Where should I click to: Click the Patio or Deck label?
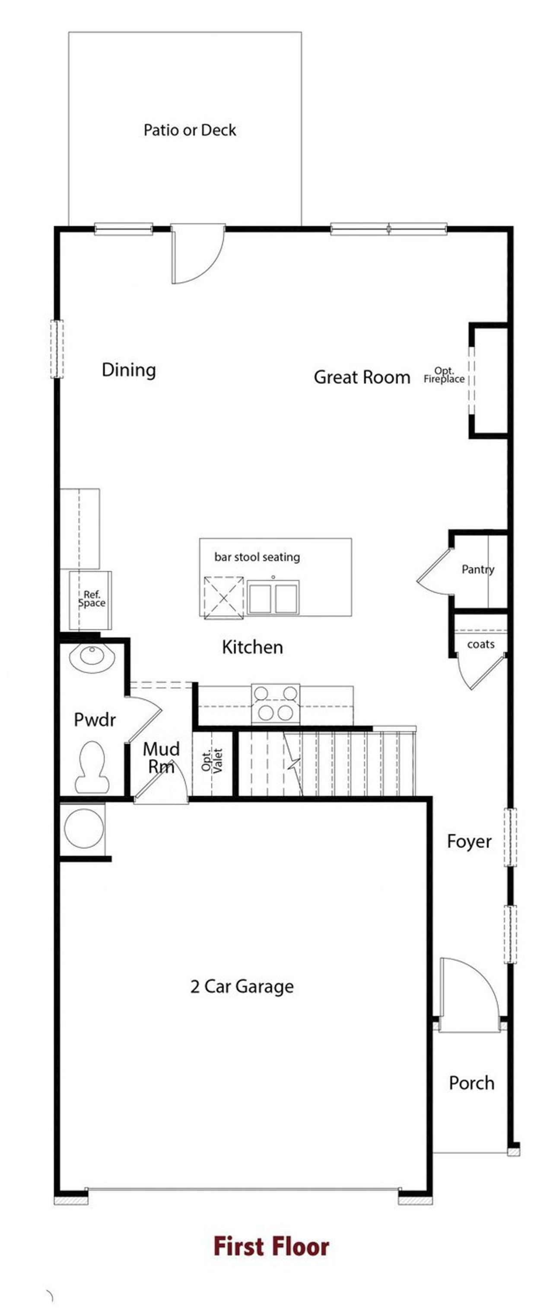click(189, 130)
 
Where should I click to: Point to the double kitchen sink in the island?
click(273, 598)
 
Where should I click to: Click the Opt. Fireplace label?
click(444, 375)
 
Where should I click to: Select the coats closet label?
click(480, 644)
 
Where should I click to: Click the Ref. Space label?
click(92, 598)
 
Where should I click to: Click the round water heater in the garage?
click(84, 828)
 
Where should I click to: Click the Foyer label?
click(469, 841)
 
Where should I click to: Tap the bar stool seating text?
click(257, 557)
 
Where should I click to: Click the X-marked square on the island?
click(224, 598)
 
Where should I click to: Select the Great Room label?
click(362, 377)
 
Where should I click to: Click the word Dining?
click(129, 370)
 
